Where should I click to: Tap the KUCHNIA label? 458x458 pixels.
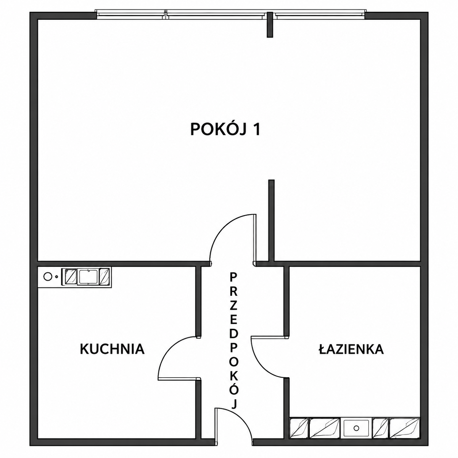(112, 349)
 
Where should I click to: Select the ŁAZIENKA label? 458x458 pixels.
(351, 349)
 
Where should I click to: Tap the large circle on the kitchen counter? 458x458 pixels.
(47, 276)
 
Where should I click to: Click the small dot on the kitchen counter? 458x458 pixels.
(56, 276)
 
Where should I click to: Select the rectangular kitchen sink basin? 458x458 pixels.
(88, 276)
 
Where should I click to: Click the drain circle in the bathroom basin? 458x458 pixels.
(356, 434)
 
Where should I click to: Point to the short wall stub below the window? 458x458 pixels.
(270, 25)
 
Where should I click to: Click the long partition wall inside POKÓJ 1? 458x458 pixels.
(271, 220)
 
